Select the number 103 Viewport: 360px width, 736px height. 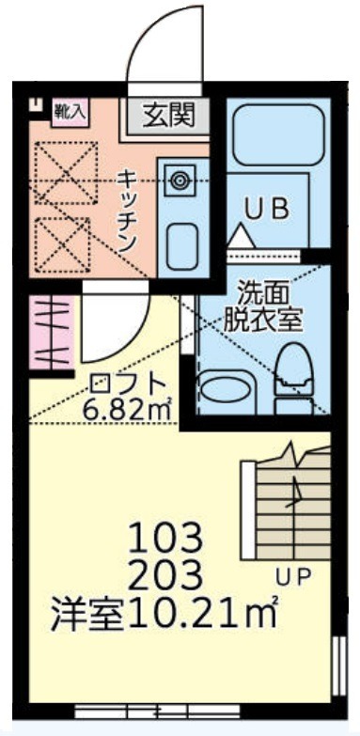(x=165, y=539)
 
